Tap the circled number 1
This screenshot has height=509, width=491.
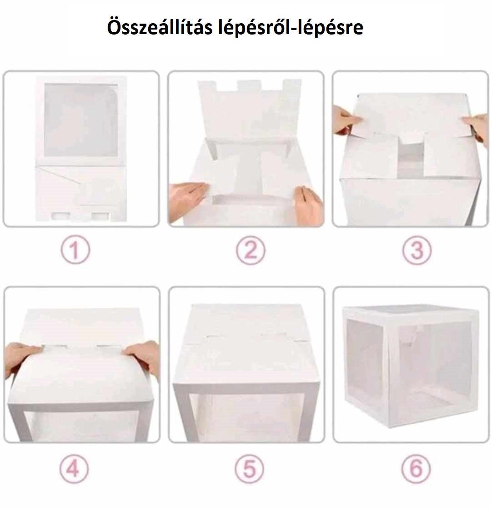[x=75, y=250]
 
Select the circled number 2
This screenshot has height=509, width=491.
[x=251, y=250]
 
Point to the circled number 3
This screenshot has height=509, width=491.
[x=417, y=250]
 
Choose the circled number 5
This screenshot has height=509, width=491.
[x=250, y=469]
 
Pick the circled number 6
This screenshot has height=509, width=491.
[x=416, y=469]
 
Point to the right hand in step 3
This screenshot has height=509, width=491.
[x=476, y=125]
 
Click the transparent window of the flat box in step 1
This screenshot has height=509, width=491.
[x=81, y=120]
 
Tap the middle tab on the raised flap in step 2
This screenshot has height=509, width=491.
[x=249, y=86]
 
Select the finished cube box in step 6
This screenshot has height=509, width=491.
[x=411, y=366]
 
